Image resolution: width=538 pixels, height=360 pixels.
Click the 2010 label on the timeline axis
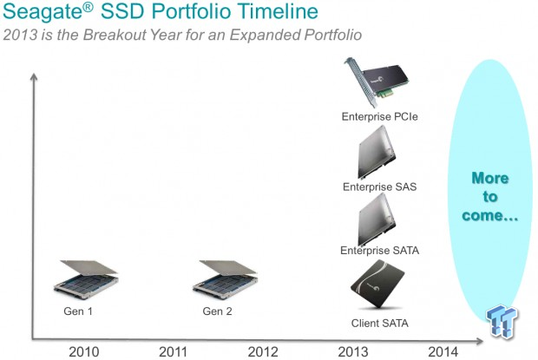pos(83,352)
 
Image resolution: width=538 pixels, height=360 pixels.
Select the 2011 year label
pos(173,352)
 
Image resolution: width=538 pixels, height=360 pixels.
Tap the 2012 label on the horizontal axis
pos(263,352)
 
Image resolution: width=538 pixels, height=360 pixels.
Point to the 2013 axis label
pos(353,352)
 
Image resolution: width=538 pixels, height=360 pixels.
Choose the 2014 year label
pos(443,352)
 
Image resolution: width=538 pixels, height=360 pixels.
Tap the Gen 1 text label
pos(78,311)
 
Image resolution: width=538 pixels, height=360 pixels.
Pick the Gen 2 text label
pos(217,311)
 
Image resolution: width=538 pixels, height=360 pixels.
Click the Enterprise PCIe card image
pos(377,82)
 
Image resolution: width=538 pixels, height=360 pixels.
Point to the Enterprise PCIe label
pos(380,116)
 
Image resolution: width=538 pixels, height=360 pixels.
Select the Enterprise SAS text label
pos(379,187)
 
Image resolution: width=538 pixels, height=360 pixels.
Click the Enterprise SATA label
pos(379,251)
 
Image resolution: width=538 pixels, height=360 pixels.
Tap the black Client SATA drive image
pos(377,284)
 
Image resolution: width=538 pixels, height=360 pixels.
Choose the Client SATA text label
pos(379,323)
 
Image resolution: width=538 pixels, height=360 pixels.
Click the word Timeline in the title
pos(278,10)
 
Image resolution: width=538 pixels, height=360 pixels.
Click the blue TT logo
pos(502,321)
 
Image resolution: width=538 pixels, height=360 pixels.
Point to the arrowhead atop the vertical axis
pos(34,77)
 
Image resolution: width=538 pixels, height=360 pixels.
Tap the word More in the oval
pos(490,179)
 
